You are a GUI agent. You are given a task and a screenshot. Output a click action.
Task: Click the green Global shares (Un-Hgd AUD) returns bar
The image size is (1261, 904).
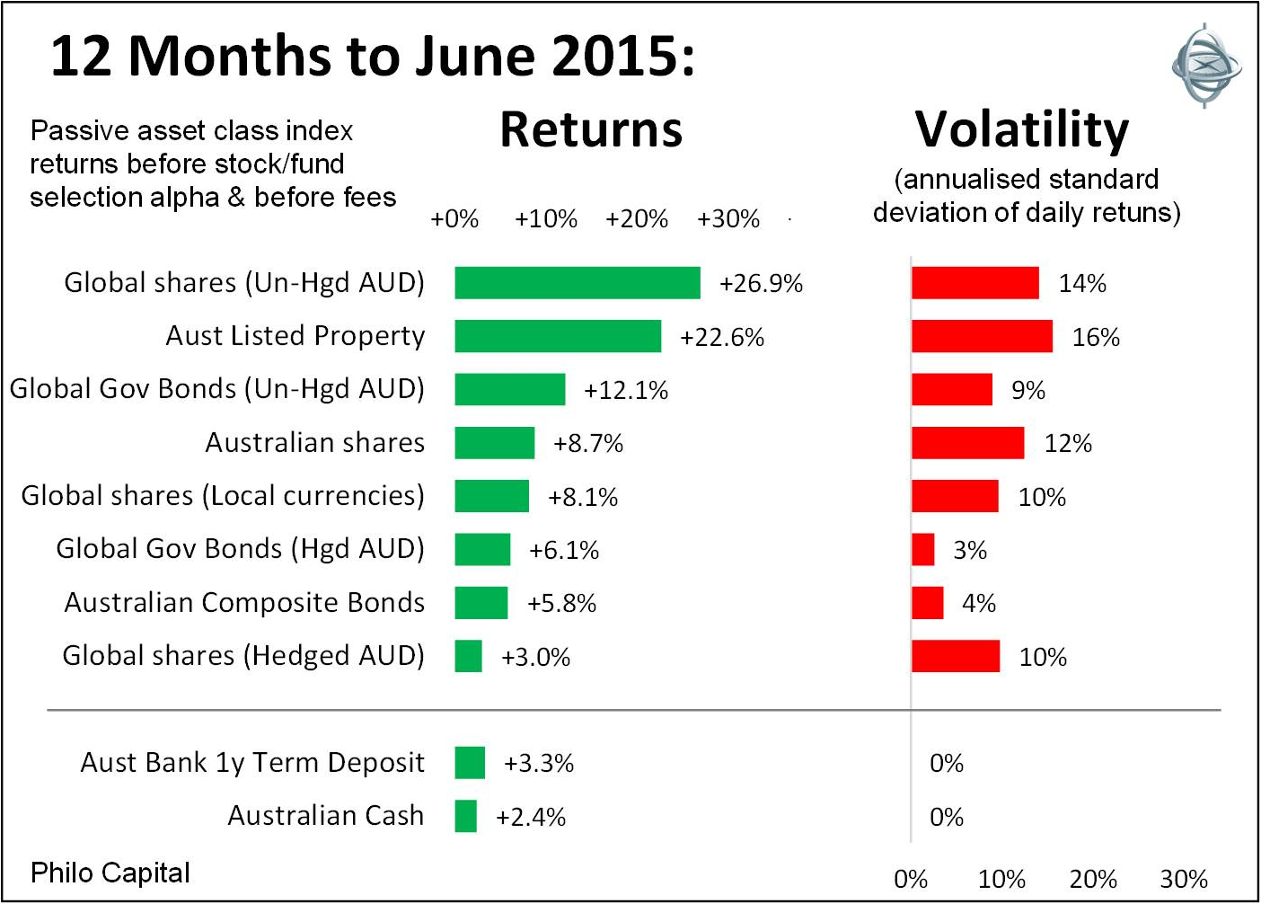[577, 283]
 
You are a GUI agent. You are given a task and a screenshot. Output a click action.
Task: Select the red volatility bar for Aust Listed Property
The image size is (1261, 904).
[982, 336]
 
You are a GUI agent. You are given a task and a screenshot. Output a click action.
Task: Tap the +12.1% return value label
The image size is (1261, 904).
[626, 390]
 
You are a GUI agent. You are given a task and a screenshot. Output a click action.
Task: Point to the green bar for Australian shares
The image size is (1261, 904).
[494, 443]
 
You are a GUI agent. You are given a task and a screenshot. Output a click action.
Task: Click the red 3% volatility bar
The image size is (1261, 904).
[922, 549]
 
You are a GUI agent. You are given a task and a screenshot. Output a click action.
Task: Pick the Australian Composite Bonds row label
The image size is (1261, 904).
[244, 602]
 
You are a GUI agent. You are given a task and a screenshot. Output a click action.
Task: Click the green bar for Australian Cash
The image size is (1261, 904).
[465, 816]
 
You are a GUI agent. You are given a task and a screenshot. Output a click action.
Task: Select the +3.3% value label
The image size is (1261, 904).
[538, 763]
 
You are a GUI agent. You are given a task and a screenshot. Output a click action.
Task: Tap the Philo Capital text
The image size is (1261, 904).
[110, 873]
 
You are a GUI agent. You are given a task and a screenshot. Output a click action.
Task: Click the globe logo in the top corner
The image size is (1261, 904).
[1206, 65]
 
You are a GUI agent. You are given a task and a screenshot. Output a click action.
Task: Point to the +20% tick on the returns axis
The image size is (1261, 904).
[636, 219]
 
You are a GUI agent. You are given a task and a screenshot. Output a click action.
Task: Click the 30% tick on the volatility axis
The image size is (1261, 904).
[1184, 879]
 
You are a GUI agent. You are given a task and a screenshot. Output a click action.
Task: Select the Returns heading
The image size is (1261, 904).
[591, 129]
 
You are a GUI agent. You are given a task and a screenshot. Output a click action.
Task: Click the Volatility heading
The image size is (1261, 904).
[1022, 129]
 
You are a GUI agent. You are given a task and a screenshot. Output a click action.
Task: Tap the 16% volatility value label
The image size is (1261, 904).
[1096, 337]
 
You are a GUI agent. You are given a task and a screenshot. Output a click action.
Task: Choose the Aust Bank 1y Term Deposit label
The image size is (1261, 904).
[252, 762]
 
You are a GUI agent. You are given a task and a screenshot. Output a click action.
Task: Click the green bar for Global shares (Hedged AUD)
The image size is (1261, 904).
[468, 656]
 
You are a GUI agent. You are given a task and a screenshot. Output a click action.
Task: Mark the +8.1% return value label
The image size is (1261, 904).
[583, 497]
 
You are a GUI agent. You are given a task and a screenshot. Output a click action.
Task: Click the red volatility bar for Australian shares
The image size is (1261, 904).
[967, 443]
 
